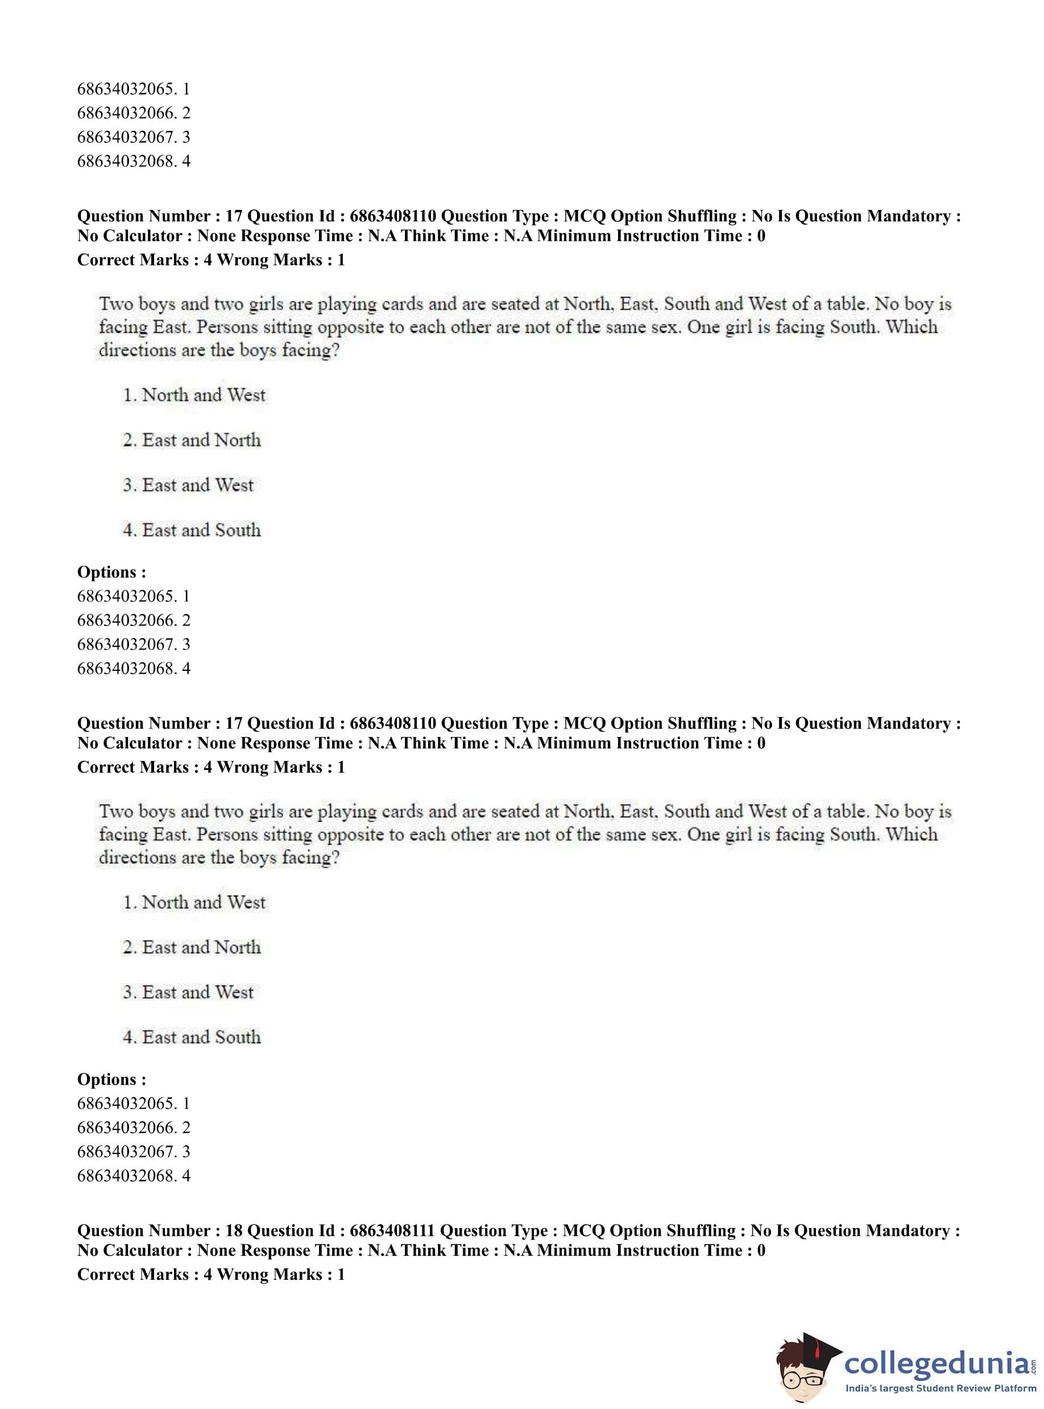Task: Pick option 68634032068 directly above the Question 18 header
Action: [134, 1175]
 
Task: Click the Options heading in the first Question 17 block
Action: [111, 572]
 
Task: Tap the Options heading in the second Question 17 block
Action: [111, 1079]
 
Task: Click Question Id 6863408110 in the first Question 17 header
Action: [392, 216]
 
